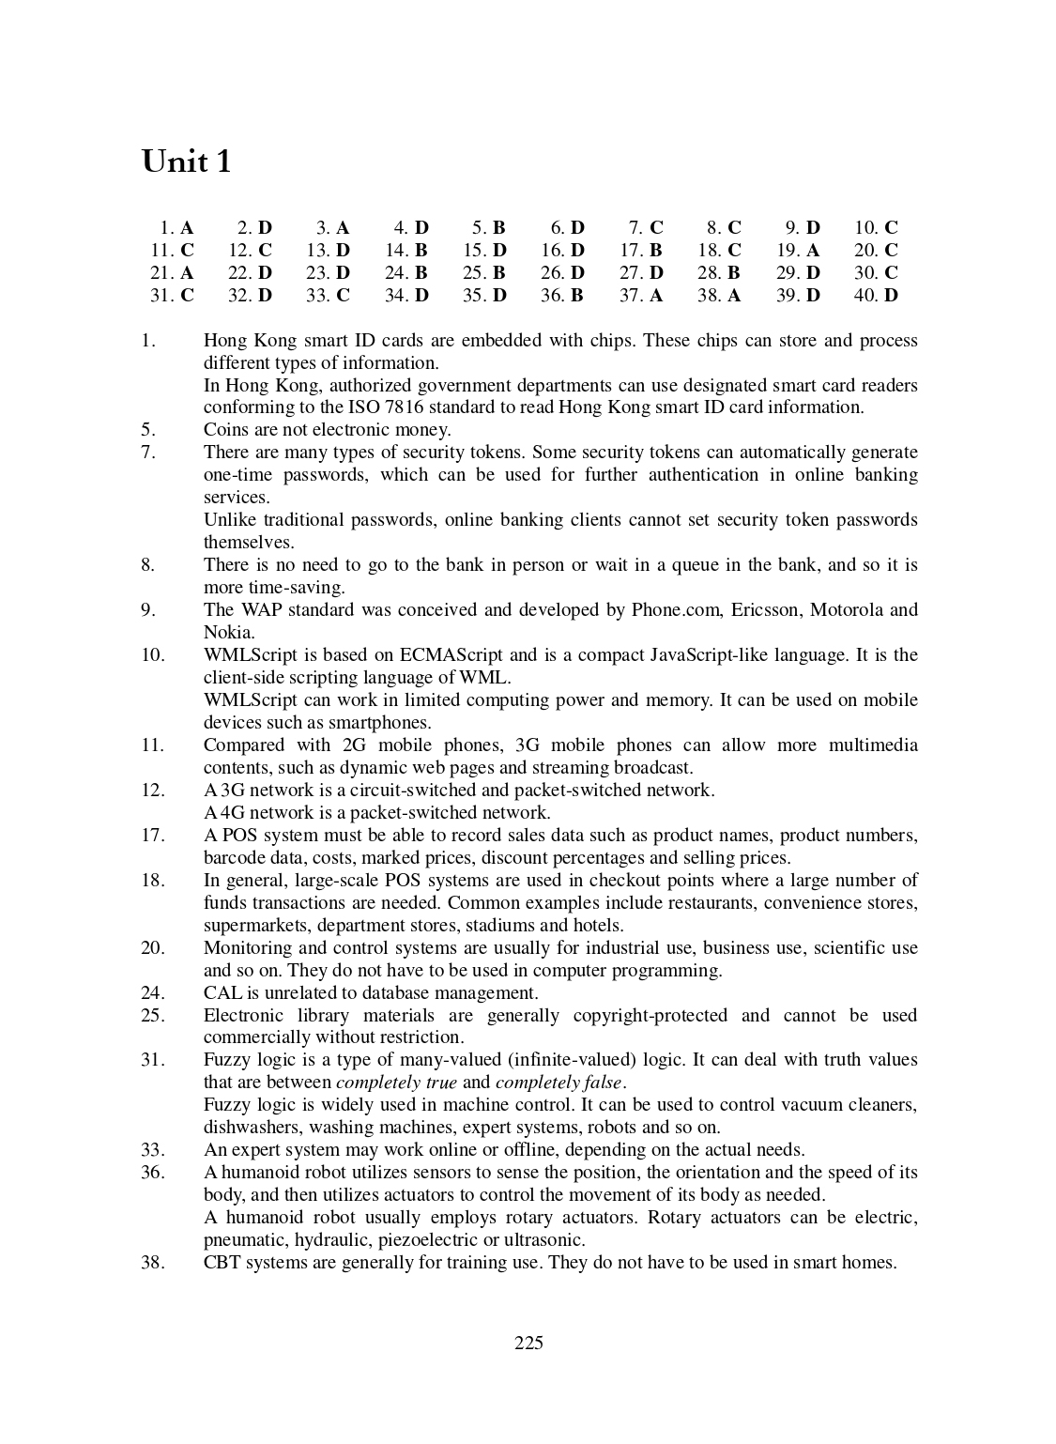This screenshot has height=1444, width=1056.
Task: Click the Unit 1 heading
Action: pyautogui.click(x=186, y=161)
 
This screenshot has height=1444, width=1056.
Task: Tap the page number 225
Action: pyautogui.click(x=528, y=1343)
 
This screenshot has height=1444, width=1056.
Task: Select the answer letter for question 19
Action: pyautogui.click(x=813, y=251)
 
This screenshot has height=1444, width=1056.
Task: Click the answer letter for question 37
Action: pyautogui.click(x=655, y=296)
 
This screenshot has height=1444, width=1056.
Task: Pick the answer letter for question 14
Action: pyautogui.click(x=421, y=251)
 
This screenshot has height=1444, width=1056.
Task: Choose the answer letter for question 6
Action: pyautogui.click(x=577, y=228)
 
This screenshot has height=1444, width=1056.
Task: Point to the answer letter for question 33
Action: pyautogui.click(x=343, y=296)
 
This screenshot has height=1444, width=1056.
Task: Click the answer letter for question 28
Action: pyautogui.click(x=734, y=273)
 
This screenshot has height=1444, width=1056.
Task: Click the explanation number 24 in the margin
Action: pyautogui.click(x=153, y=993)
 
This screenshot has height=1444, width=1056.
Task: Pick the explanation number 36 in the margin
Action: pyautogui.click(x=153, y=1173)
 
